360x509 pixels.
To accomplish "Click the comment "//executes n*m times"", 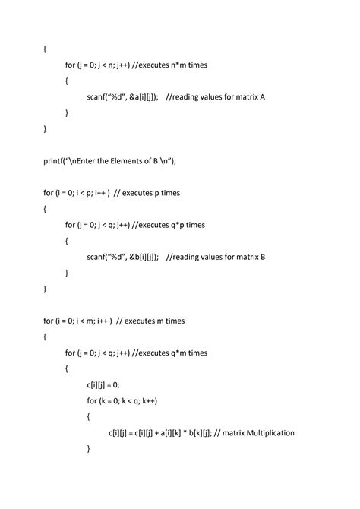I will coord(169,65).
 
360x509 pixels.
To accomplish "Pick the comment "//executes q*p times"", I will coord(169,225).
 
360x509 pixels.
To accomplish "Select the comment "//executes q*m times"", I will coord(170,353).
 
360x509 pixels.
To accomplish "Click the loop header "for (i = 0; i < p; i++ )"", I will coord(77,193).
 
